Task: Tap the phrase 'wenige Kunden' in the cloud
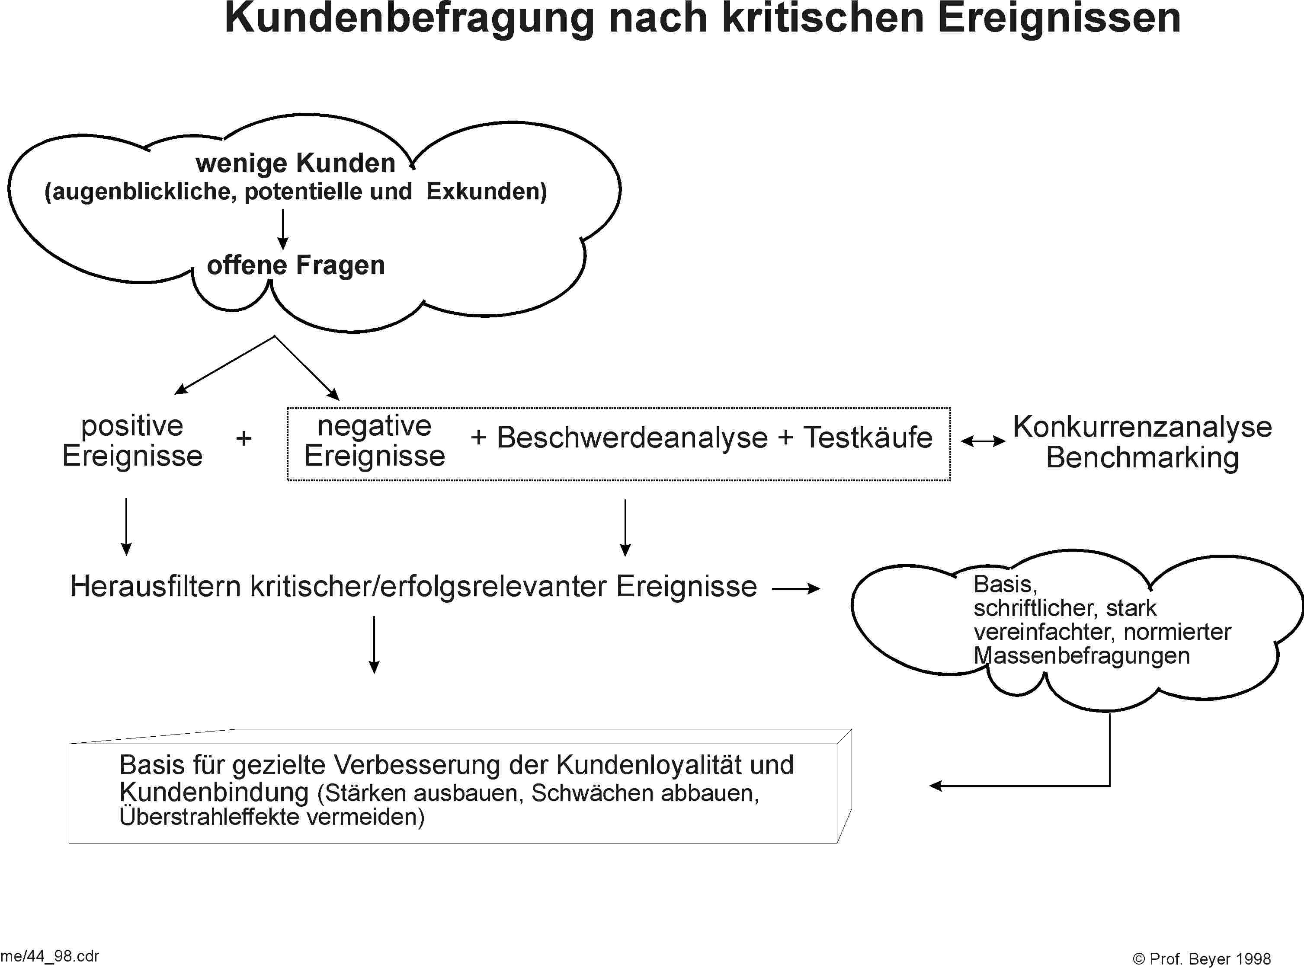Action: coord(295,163)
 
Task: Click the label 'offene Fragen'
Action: coord(296,265)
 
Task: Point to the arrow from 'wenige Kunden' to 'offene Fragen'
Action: coord(282,229)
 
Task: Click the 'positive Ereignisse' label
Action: coord(132,441)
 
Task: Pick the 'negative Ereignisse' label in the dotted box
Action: coord(375,441)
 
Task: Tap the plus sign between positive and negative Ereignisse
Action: coord(244,438)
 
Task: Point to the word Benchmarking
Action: coord(1142,458)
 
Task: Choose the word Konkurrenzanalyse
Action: coord(1142,427)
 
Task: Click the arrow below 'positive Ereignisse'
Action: coord(126,527)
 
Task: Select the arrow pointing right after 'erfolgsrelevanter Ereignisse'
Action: coord(796,589)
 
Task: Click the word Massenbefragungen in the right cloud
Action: coord(1081,656)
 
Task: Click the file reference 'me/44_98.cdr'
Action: coord(50,956)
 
